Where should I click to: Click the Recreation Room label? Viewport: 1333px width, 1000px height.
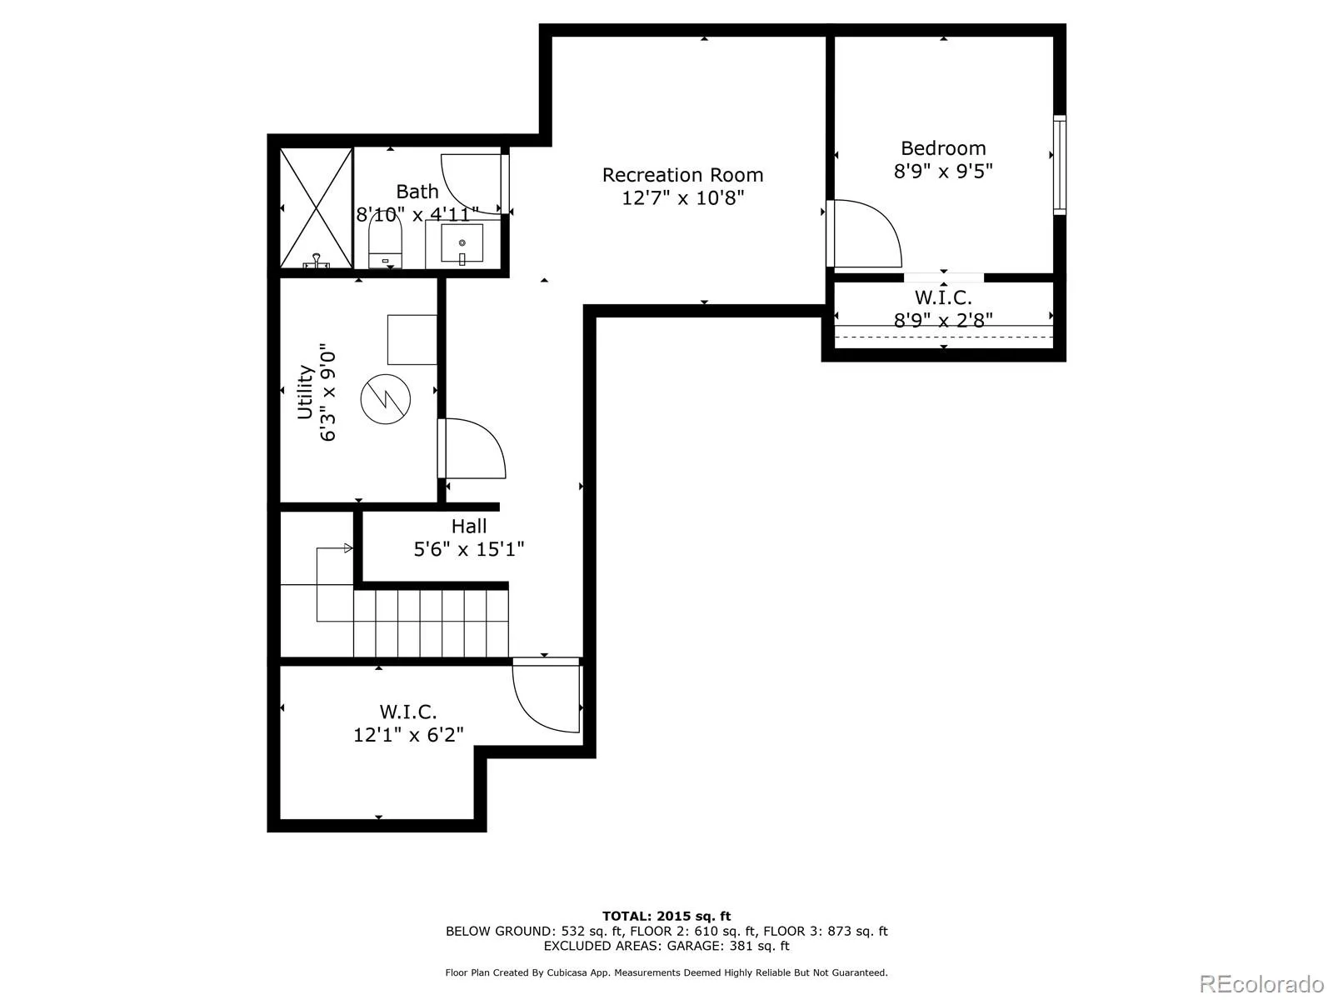point(682,175)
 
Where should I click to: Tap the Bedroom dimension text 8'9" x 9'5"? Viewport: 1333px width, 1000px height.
point(943,171)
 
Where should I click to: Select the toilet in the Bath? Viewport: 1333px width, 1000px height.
point(385,241)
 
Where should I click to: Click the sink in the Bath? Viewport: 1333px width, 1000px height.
point(462,244)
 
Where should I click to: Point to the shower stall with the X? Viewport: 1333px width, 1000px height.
point(316,207)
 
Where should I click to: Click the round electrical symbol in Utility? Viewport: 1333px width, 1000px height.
point(385,399)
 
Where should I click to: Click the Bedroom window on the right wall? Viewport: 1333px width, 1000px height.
point(1059,164)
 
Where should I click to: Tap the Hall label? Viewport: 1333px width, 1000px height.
point(469,526)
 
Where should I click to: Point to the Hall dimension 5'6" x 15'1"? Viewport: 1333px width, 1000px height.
point(469,549)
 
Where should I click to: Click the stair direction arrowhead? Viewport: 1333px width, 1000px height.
point(348,548)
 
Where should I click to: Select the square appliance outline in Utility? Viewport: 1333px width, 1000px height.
point(412,339)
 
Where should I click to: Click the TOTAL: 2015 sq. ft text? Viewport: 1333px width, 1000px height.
point(666,916)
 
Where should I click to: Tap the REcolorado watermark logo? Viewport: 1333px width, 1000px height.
point(1262,983)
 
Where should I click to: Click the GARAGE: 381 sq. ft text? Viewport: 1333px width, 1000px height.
point(728,946)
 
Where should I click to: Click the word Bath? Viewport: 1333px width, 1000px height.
point(417,192)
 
